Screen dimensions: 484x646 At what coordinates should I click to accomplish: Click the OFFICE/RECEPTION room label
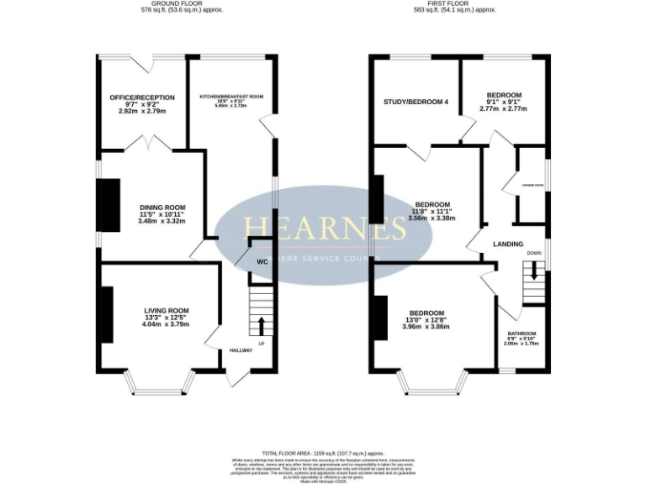(x=141, y=97)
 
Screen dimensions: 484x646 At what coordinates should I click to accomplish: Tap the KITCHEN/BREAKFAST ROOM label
(x=231, y=97)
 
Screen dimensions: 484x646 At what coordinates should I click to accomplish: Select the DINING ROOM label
(x=162, y=207)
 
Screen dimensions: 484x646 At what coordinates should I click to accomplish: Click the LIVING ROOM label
(x=166, y=310)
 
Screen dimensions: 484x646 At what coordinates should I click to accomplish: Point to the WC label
(x=262, y=262)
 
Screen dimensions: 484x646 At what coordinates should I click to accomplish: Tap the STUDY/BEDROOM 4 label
(x=416, y=102)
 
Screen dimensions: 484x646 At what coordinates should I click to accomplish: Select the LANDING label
(x=508, y=245)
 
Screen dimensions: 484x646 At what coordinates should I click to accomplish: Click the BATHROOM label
(x=520, y=334)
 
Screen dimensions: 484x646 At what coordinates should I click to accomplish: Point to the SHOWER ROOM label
(x=531, y=185)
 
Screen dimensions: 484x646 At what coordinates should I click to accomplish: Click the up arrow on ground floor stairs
(x=261, y=324)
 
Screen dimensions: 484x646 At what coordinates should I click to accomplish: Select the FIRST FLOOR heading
(x=448, y=3)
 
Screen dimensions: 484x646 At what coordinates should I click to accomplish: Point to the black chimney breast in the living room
(x=108, y=315)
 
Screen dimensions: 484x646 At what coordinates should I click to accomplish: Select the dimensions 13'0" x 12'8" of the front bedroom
(x=426, y=319)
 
